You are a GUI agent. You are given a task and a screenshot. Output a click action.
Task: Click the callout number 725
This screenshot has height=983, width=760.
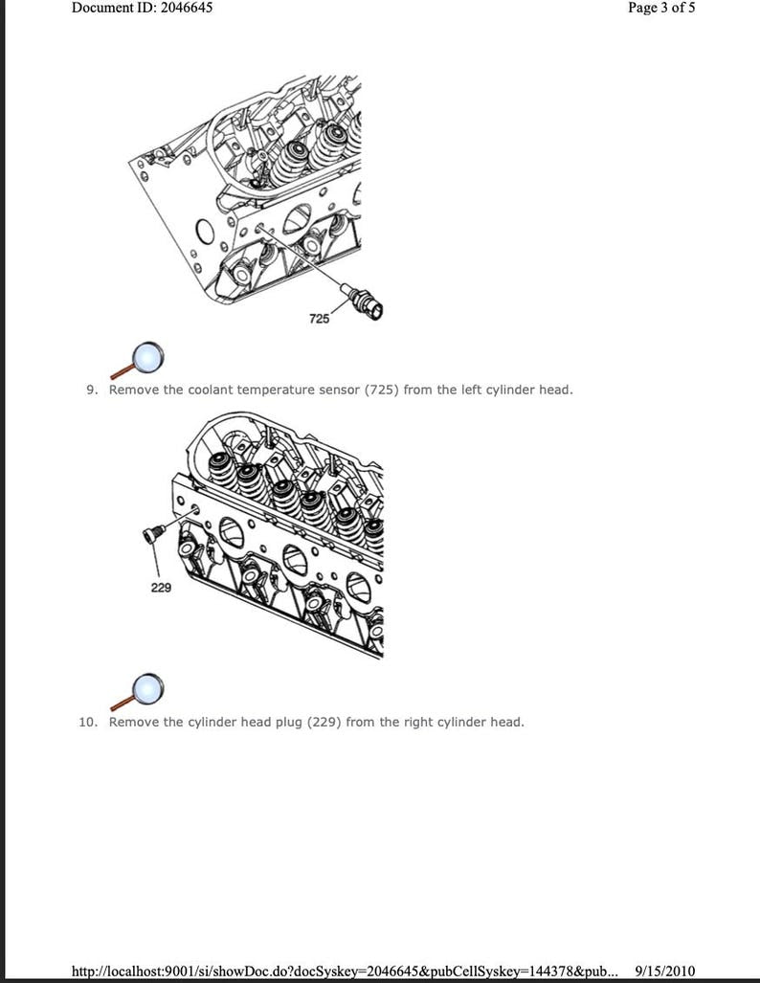(320, 318)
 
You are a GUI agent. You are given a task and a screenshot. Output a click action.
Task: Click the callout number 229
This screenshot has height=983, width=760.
(161, 588)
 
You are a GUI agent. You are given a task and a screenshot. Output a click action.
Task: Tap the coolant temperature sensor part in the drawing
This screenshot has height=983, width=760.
(367, 301)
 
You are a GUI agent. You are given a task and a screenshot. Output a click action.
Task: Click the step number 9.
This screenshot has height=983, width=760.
(93, 390)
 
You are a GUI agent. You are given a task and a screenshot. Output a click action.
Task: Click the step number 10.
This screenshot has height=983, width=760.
(88, 722)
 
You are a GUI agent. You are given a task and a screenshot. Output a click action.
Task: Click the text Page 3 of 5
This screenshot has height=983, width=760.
(661, 8)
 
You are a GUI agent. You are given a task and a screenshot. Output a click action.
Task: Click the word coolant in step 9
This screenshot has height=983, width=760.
(211, 390)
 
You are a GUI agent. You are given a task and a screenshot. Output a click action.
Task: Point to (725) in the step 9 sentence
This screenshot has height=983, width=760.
(381, 390)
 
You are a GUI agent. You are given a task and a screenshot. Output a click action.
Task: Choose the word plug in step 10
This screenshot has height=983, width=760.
(286, 722)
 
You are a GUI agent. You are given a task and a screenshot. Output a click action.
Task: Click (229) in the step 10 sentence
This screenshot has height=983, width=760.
(324, 722)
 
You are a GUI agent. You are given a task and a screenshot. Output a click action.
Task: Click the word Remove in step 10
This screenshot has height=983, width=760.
(133, 722)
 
